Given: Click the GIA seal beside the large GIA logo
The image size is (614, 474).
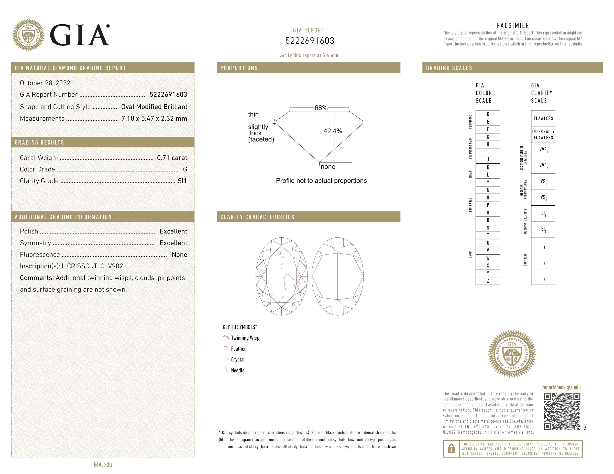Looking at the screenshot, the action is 28,35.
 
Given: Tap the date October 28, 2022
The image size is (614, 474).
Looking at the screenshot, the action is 45,83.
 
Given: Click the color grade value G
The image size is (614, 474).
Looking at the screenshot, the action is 185,169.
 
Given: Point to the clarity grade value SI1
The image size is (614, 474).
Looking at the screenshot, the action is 182,181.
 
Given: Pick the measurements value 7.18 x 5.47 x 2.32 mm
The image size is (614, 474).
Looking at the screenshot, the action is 154,119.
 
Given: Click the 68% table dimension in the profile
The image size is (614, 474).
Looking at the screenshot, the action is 321,108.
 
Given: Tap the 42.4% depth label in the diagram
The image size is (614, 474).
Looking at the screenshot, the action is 333,131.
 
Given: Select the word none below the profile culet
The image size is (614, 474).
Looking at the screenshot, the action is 328,167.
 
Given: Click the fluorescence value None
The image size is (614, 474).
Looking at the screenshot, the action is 179,255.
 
